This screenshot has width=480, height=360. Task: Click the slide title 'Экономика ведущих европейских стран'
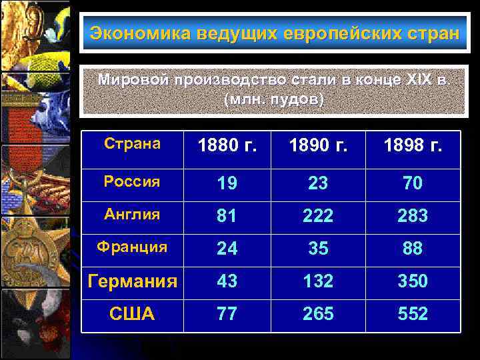pyautogui.click(x=275, y=33)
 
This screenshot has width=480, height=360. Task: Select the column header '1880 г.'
pyautogui.click(x=227, y=146)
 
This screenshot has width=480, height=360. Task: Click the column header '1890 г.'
pyautogui.click(x=318, y=146)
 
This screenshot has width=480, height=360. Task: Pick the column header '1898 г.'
pyautogui.click(x=413, y=146)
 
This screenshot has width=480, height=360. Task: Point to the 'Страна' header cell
pyautogui.click(x=132, y=144)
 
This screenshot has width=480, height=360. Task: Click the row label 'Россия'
pyautogui.click(x=132, y=181)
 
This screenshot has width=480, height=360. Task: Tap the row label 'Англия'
pyautogui.click(x=132, y=214)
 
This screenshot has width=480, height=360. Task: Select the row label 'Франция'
pyautogui.click(x=132, y=247)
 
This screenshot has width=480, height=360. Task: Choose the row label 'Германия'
pyautogui.click(x=133, y=281)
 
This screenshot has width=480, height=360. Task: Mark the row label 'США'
pyautogui.click(x=132, y=314)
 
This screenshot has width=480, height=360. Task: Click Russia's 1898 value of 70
pyautogui.click(x=413, y=183)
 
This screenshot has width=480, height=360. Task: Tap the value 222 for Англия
pyautogui.click(x=318, y=216)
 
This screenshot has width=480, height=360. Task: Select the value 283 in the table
pyautogui.click(x=413, y=216)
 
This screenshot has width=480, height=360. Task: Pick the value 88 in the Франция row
pyautogui.click(x=413, y=249)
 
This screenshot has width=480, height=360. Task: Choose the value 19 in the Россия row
pyautogui.click(x=227, y=183)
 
